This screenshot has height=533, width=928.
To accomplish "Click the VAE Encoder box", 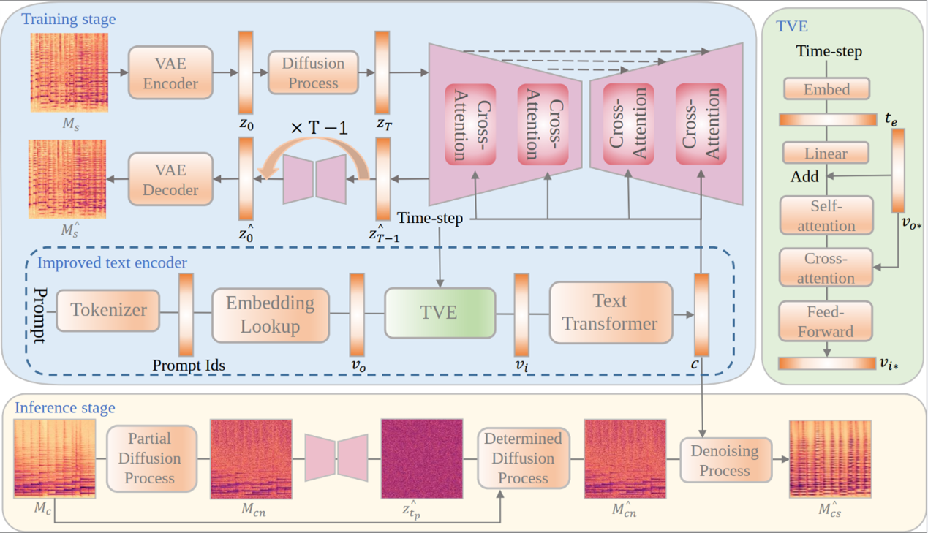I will (170, 72).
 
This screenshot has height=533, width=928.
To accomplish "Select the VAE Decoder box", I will (170, 179).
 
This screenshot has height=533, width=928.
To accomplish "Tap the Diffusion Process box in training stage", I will (313, 72).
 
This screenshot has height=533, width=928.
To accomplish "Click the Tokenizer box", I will (107, 310).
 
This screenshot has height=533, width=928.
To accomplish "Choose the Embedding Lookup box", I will (270, 314).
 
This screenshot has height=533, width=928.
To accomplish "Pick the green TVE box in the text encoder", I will (440, 312).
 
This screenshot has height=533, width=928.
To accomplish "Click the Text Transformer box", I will (610, 312).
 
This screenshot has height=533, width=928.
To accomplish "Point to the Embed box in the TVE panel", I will (826, 89).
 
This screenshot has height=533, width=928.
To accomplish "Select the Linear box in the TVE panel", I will (826, 154).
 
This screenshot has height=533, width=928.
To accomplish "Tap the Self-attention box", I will (826, 216).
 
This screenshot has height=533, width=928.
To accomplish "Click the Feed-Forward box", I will (826, 322).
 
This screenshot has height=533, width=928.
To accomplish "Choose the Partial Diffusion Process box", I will (151, 458).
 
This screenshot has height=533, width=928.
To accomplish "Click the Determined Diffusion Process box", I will (523, 458).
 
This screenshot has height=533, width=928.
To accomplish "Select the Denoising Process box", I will (725, 461).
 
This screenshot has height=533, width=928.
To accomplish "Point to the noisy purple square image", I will (421, 459).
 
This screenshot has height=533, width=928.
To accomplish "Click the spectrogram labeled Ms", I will (69, 72).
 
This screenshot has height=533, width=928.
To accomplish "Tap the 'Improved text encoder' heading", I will (112, 262).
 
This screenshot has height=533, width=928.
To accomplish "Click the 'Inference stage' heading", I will (65, 408).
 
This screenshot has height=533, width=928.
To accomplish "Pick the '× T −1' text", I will (318, 128).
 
